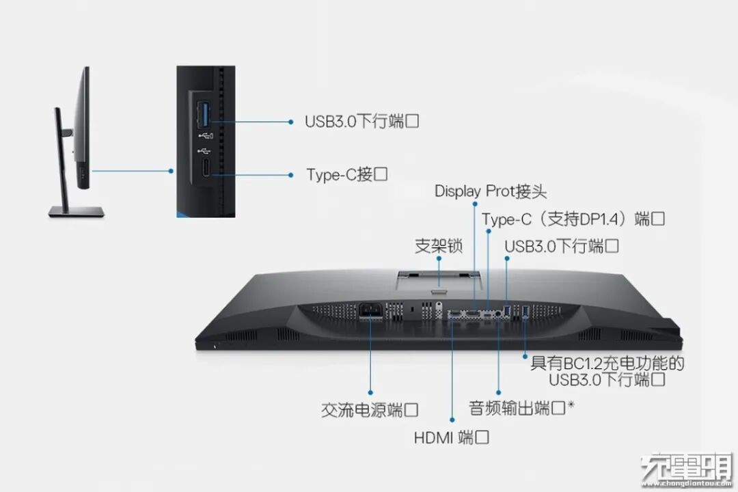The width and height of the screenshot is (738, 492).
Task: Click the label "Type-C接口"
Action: (x=346, y=174)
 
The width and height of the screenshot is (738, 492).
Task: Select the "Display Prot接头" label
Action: (x=491, y=191)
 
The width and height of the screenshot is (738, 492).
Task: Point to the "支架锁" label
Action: (x=438, y=246)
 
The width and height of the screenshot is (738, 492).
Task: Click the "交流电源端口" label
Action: (x=370, y=410)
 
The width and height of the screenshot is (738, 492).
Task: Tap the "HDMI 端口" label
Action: (x=452, y=437)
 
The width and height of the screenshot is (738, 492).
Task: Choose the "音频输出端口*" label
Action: (x=521, y=408)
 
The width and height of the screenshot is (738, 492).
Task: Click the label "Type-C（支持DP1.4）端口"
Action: (x=573, y=219)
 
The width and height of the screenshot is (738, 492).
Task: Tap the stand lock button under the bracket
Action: (x=438, y=293)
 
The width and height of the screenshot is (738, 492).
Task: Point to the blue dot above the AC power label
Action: (x=370, y=392)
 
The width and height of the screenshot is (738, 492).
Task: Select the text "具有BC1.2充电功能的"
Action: (x=607, y=363)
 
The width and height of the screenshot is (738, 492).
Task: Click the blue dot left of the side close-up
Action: (x=171, y=171)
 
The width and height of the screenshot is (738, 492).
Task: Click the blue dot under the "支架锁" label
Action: (x=438, y=258)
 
